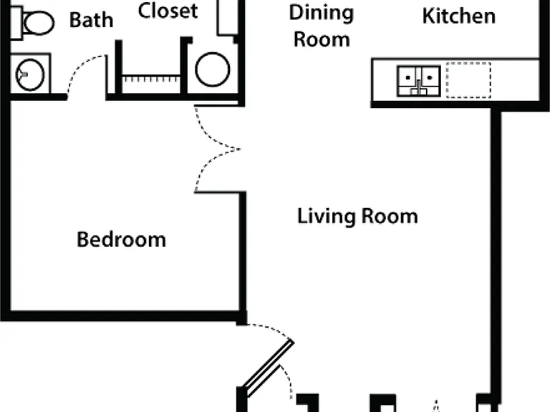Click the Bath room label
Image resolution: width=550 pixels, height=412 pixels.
(91, 20)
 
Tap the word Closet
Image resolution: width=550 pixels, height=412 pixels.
(168, 11)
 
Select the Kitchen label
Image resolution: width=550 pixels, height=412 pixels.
(459, 16)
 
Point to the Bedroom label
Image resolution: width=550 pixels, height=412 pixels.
(121, 240)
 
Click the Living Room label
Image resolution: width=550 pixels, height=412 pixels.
(357, 216)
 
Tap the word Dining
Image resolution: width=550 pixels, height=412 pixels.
(322, 14)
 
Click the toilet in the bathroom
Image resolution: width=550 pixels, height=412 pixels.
(32, 23)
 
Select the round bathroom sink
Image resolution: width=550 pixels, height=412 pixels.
(30, 74)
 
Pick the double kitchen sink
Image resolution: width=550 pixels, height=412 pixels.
(418, 81)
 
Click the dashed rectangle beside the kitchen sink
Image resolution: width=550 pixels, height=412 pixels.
(468, 80)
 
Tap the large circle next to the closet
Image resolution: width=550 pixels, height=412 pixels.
(213, 69)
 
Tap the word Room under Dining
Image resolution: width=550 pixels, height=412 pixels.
(322, 39)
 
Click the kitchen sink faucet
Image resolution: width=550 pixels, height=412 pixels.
(418, 87)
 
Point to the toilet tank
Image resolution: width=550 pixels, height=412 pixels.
(16, 23)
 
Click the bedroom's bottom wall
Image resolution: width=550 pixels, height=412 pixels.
(122, 315)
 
